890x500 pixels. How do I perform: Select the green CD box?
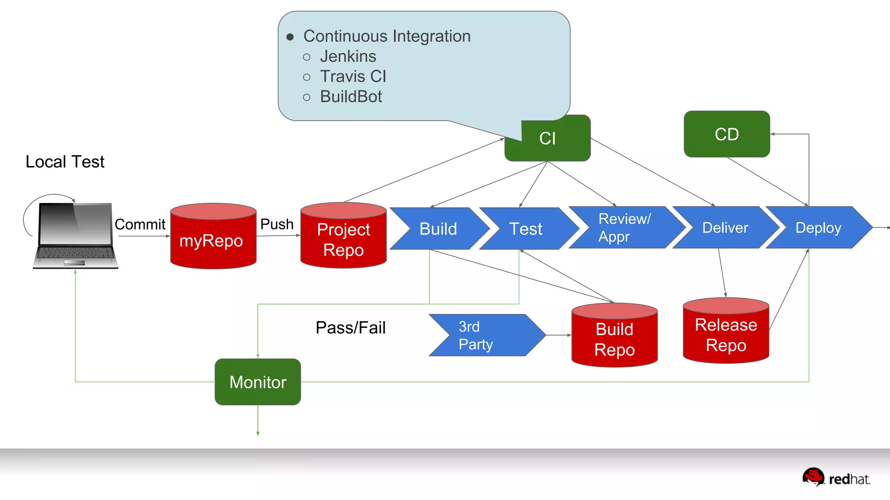point(727,134)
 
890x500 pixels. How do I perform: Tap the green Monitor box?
point(258,382)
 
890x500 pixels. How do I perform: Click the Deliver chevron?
point(725,228)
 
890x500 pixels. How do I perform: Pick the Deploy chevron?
point(818,228)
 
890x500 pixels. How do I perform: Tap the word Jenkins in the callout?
point(348,56)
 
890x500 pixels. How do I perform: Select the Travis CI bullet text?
point(353,76)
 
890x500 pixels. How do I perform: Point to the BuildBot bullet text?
point(351,96)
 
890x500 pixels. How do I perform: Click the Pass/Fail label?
point(350,328)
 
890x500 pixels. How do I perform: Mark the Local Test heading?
point(65,162)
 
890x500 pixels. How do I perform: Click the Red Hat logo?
point(836,477)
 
